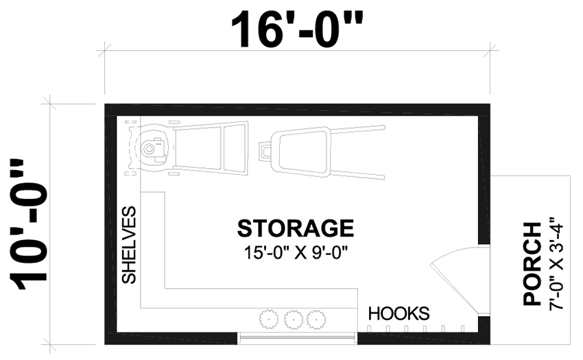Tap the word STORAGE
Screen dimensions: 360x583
click(x=296, y=228)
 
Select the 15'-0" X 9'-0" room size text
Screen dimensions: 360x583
click(x=296, y=252)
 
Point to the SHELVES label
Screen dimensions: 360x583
click(x=129, y=245)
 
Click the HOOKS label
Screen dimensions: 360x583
click(x=398, y=314)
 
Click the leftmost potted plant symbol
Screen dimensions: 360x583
click(x=270, y=318)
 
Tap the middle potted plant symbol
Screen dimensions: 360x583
click(x=293, y=318)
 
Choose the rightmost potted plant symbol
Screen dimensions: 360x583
click(x=316, y=318)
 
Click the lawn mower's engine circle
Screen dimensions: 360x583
click(x=149, y=147)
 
